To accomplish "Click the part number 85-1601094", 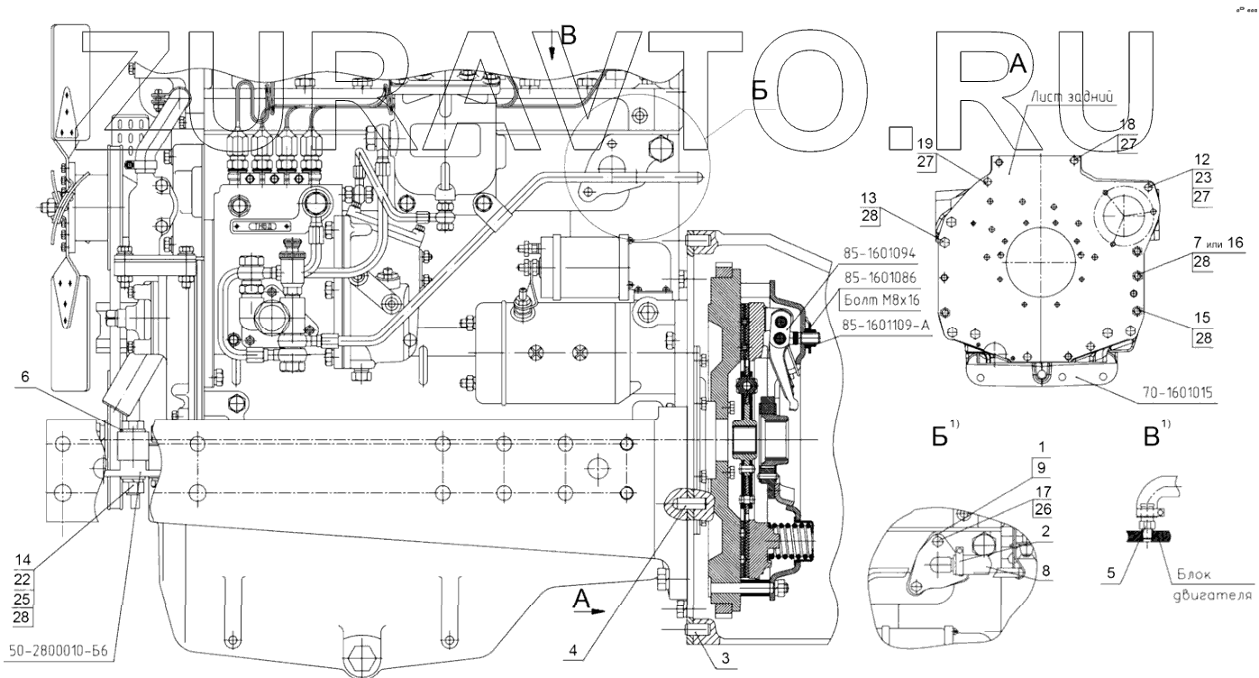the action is click(x=880, y=254).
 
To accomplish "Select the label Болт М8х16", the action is click(x=882, y=301).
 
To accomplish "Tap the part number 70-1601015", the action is click(x=1178, y=393).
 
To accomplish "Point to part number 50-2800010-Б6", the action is click(x=59, y=652).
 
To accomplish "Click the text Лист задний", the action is click(x=1072, y=96).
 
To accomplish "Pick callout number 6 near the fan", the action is click(x=24, y=376).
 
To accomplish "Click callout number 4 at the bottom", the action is click(x=573, y=651).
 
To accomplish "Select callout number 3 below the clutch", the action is click(x=725, y=658).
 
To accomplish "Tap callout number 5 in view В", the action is click(x=1110, y=573).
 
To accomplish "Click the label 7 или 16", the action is click(x=1218, y=243).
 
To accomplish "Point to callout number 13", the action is click(x=869, y=197).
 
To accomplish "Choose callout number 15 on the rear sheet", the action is click(x=1202, y=318).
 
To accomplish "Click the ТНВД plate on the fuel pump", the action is click(x=263, y=226).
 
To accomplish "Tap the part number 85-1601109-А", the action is click(x=886, y=325).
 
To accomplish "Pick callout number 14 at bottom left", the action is click(x=23, y=560).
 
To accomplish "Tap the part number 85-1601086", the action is click(x=880, y=278).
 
